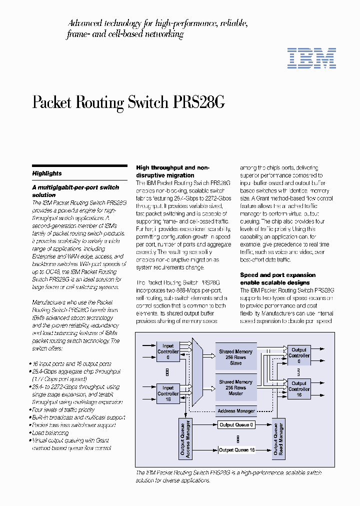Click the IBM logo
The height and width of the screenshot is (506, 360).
click(311, 58)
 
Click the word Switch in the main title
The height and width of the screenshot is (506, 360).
click(147, 102)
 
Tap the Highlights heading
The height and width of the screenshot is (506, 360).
click(47, 173)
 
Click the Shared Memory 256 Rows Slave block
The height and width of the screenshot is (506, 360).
click(235, 357)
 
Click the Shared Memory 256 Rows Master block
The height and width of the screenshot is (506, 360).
click(235, 387)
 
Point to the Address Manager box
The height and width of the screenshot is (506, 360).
click(236, 411)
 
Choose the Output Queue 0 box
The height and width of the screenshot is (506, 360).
click(236, 425)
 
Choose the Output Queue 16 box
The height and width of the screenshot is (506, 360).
click(236, 450)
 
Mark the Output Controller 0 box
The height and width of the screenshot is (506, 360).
click(299, 355)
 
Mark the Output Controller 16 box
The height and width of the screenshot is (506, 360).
click(299, 388)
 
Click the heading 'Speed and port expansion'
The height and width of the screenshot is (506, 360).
click(277, 275)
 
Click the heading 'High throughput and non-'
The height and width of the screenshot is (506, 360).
click(172, 168)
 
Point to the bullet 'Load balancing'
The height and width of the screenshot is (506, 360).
click(50, 432)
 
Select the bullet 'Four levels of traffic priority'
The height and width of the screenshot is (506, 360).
click(63, 409)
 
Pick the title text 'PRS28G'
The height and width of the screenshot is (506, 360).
click(198, 102)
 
